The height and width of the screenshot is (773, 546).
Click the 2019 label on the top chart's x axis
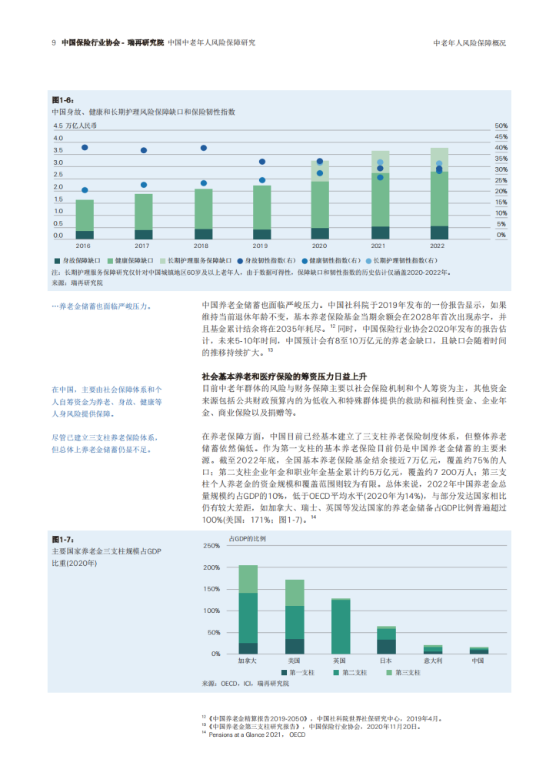click(x=261, y=246)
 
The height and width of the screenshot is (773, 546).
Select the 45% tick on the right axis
click(x=501, y=137)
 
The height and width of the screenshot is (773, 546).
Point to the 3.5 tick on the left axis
click(x=58, y=150)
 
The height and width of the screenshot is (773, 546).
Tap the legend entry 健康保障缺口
click(x=135, y=262)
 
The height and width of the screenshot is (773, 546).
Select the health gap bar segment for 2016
click(x=85, y=215)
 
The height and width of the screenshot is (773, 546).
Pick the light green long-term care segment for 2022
click(x=439, y=155)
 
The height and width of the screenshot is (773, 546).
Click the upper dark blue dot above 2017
click(x=144, y=150)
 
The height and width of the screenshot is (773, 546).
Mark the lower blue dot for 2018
click(x=203, y=183)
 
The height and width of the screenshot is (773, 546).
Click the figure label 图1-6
click(x=62, y=100)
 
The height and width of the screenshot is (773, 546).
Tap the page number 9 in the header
click(x=53, y=43)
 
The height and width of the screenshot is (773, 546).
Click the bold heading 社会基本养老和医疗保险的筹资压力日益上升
click(x=283, y=376)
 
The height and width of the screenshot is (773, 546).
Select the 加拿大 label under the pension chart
click(x=248, y=661)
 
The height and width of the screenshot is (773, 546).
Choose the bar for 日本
click(x=386, y=640)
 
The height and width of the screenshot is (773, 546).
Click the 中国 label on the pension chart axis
click(x=478, y=661)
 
